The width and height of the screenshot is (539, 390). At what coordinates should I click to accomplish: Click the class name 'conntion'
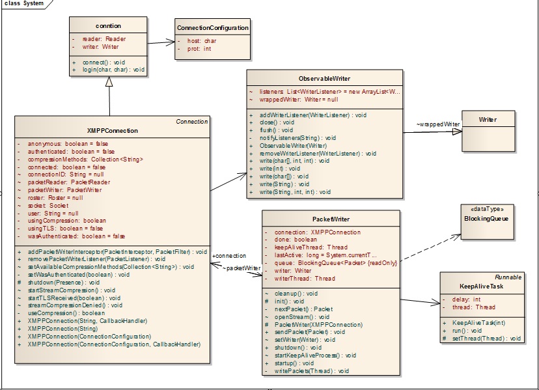pyautogui.click(x=109, y=26)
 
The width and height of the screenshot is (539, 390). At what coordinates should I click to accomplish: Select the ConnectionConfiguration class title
pyautogui.click(x=212, y=28)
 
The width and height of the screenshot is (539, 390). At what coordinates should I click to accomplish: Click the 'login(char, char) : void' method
pyautogui.click(x=113, y=70)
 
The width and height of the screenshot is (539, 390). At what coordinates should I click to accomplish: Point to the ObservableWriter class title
pyautogui.click(x=324, y=78)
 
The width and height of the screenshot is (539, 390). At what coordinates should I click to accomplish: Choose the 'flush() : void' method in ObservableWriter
pyautogui.click(x=276, y=130)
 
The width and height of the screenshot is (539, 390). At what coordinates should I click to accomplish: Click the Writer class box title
pyautogui.click(x=488, y=120)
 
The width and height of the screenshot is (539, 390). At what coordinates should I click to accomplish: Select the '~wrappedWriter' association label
pyautogui.click(x=437, y=124)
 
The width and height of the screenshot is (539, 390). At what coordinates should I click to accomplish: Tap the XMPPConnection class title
pyautogui.click(x=112, y=130)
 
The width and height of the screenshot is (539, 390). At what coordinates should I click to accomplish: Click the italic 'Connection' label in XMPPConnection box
pyautogui.click(x=191, y=122)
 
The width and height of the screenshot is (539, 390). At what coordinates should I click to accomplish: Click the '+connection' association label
pyautogui.click(x=229, y=256)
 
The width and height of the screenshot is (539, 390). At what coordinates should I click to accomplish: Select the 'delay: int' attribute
pyautogui.click(x=467, y=300)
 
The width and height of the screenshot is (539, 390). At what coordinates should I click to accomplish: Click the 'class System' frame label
pyautogui.click(x=24, y=4)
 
